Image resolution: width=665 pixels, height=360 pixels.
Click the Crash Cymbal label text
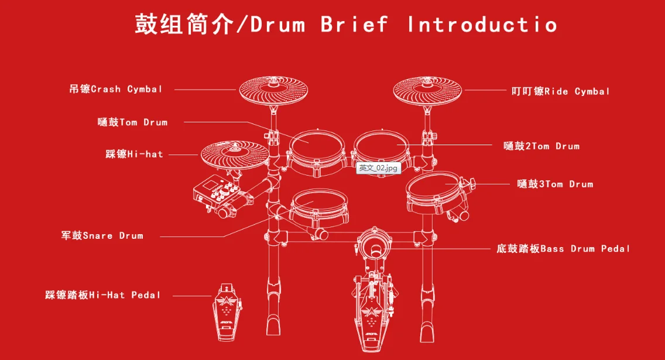click(115, 90)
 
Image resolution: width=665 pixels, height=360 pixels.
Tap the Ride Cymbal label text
click(560, 91)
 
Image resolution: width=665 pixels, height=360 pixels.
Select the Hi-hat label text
click(134, 155)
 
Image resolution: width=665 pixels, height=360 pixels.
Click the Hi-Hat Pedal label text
click(102, 295)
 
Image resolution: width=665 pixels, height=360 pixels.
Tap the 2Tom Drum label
click(541, 146)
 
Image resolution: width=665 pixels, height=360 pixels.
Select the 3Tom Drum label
click(555, 184)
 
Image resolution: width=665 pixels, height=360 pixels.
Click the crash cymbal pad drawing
click(273, 91)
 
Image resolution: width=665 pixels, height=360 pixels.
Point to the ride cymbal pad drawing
click(427, 90)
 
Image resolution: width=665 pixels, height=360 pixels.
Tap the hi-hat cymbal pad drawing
click(234, 153)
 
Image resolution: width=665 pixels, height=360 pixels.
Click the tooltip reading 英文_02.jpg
click(378, 168)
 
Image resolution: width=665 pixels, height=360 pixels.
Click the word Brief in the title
click(354, 24)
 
